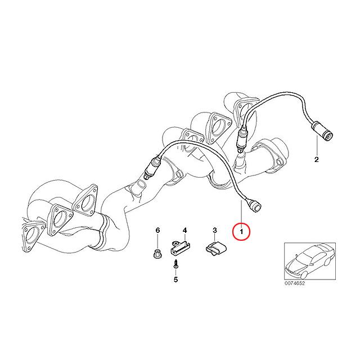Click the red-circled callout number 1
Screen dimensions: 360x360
[x=241, y=232]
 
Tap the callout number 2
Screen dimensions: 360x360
[x=316, y=160]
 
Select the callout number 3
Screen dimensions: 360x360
[x=215, y=230]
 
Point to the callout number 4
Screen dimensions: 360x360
[x=184, y=230]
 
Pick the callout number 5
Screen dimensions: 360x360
[x=175, y=280]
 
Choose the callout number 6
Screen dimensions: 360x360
[x=157, y=230]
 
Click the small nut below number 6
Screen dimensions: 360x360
[x=157, y=253]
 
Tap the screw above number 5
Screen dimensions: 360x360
[x=175, y=263]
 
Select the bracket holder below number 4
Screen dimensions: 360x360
[x=180, y=247]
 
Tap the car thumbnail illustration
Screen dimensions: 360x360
[x=310, y=261]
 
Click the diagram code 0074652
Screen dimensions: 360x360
[x=295, y=283]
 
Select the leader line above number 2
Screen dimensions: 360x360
[x=317, y=145]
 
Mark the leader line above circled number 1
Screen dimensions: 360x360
[x=241, y=211]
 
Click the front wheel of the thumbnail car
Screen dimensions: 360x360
[x=304, y=275]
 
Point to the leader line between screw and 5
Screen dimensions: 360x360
[x=175, y=272]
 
